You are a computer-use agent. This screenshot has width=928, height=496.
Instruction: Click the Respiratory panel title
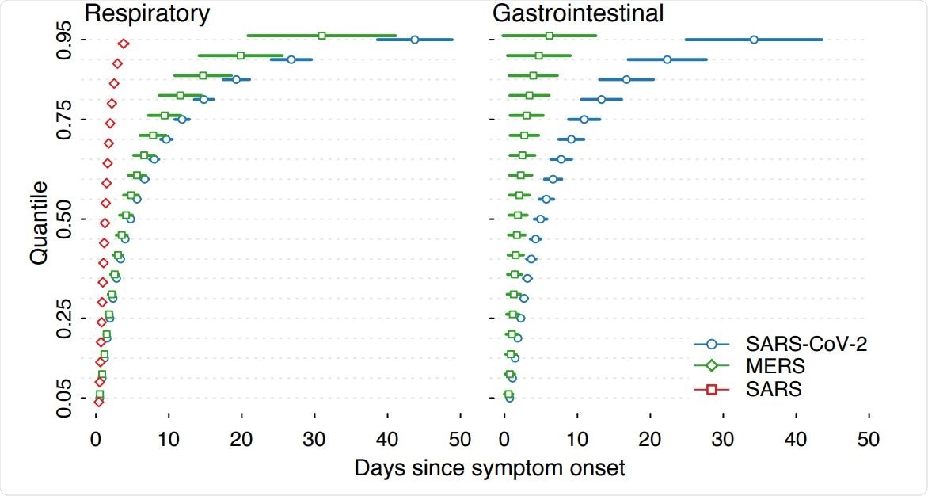click(147, 13)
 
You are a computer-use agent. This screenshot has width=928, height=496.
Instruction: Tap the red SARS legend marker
click(711, 389)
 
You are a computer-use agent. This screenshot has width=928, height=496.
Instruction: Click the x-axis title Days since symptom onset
click(489, 468)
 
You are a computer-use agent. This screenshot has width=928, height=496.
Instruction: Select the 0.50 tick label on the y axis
click(66, 219)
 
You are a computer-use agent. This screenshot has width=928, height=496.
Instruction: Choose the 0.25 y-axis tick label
click(66, 318)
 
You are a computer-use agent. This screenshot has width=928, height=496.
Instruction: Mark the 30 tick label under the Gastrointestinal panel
click(724, 438)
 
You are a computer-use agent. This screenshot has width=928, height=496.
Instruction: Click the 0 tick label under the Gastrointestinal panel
click(504, 438)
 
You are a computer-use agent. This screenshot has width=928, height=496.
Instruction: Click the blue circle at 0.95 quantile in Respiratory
click(415, 40)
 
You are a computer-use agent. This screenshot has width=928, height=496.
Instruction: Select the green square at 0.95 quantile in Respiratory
click(321, 36)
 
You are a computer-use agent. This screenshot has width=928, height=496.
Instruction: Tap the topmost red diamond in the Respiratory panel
click(124, 44)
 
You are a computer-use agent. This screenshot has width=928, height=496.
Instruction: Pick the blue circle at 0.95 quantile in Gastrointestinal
click(753, 40)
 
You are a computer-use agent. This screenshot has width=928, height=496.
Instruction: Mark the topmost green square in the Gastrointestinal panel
click(550, 36)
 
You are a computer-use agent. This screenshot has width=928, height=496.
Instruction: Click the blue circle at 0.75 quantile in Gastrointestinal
click(584, 119)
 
